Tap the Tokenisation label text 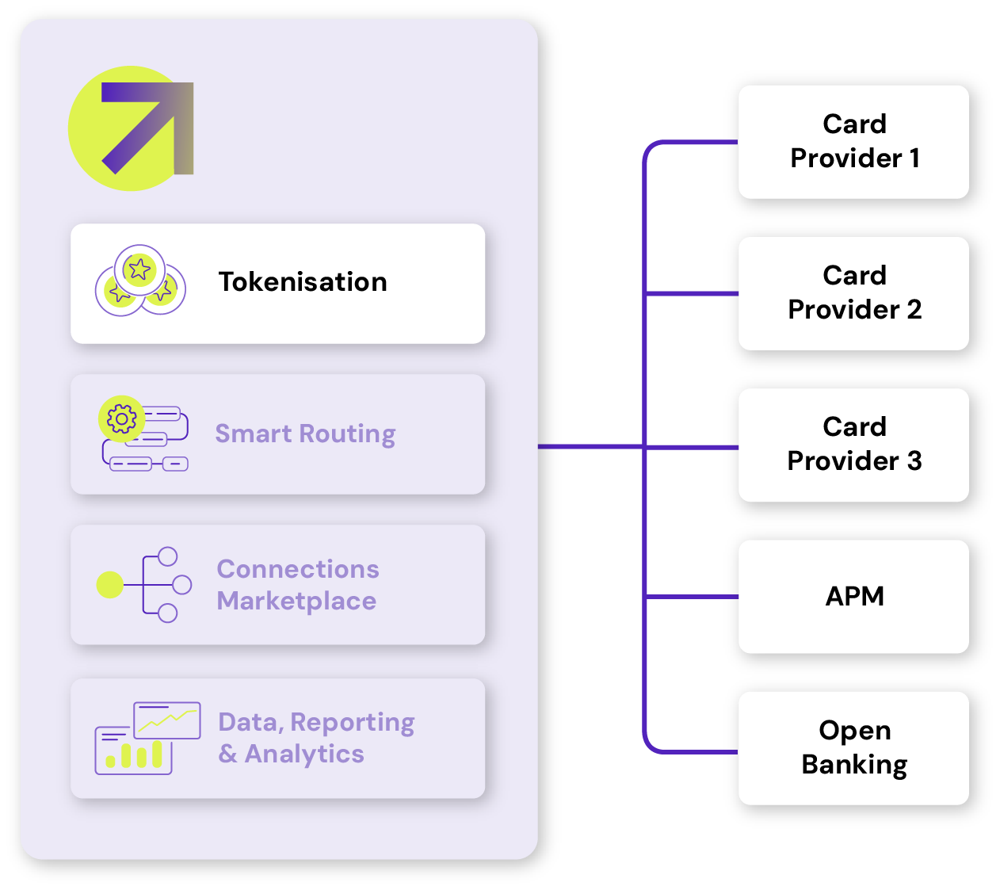303,282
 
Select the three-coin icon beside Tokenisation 140,281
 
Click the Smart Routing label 305,434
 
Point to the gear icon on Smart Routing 121,418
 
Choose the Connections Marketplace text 298,585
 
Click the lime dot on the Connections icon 109,585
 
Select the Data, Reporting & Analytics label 315,738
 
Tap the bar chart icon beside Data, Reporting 133,751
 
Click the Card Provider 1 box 853,142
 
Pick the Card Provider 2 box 853,293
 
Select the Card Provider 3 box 853,445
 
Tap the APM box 853,596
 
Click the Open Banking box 853,747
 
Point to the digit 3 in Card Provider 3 914,461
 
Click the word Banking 854,765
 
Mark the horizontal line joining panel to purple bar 590,447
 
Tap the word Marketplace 296,602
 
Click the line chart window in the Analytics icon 167,720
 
